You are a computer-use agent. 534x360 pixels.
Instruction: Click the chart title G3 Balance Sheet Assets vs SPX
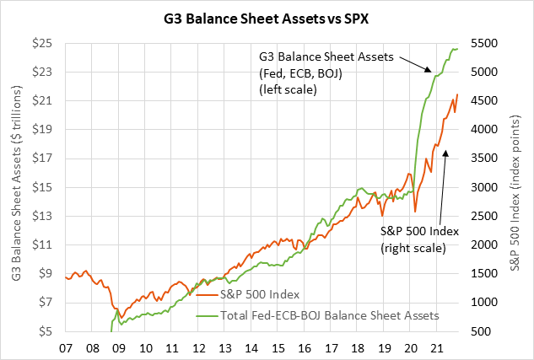point(267,16)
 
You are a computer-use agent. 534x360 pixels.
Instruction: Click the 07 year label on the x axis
point(66,346)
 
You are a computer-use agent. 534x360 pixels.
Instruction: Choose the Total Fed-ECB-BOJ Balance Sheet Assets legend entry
point(321,315)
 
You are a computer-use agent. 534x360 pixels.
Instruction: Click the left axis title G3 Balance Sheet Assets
point(16,187)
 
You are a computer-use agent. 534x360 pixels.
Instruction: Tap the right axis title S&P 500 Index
point(517,187)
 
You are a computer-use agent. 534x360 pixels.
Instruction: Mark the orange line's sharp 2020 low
point(415,211)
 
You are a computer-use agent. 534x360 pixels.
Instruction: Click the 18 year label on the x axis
point(358,346)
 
